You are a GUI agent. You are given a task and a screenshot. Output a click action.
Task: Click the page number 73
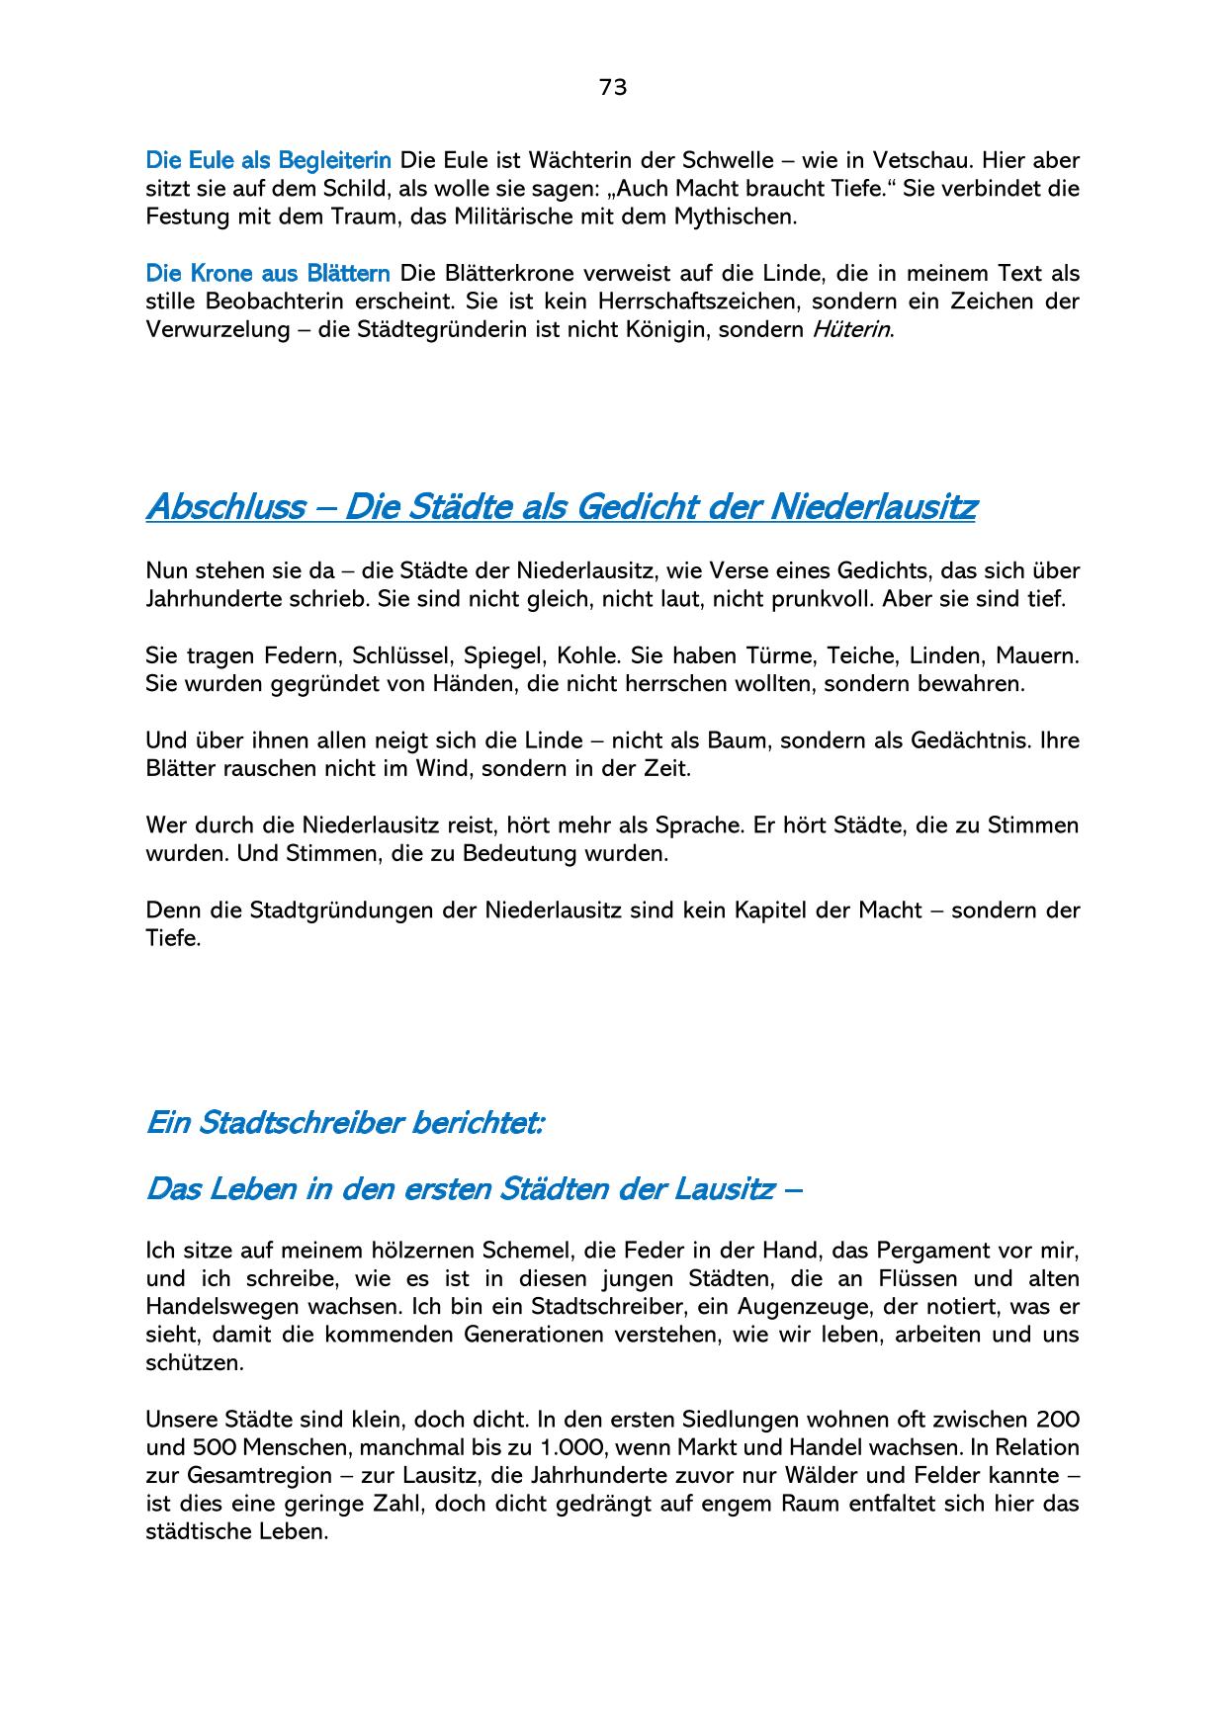(x=613, y=88)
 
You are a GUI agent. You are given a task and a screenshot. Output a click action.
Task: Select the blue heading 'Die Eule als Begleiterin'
(x=268, y=160)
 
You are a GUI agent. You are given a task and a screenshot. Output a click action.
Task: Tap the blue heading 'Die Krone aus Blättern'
(x=268, y=273)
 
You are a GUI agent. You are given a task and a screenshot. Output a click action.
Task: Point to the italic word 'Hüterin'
(x=851, y=329)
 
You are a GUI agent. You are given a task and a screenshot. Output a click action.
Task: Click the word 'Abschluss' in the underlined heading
(x=225, y=507)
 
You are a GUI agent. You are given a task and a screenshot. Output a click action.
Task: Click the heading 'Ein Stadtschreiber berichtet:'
(x=344, y=1123)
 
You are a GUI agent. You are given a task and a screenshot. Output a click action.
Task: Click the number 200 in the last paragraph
(x=1057, y=1420)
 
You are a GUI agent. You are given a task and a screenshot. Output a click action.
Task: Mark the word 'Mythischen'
(x=738, y=217)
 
